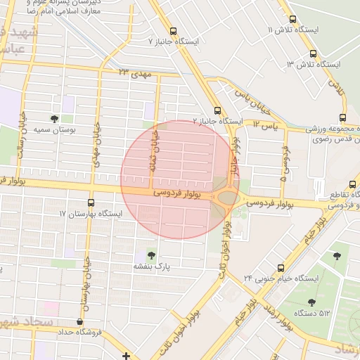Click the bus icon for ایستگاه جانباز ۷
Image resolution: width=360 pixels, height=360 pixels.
[x=174, y=30]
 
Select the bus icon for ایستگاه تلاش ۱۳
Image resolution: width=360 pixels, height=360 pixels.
[x=313, y=53]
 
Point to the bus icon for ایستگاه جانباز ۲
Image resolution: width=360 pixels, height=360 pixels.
[x=217, y=110]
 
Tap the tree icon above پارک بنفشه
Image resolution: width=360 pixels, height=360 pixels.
[x=151, y=255]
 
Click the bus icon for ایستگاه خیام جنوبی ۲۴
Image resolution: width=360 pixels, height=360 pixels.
[x=281, y=268]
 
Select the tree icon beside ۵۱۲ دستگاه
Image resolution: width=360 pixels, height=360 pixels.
[x=311, y=302]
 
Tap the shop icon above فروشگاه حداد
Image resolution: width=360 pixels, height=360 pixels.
[x=79, y=321]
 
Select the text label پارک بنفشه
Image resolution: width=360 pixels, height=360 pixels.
[x=152, y=267]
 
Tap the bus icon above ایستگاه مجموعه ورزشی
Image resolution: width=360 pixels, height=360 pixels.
[x=342, y=117]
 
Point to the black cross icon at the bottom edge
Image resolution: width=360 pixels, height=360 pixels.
[x=126, y=356]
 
